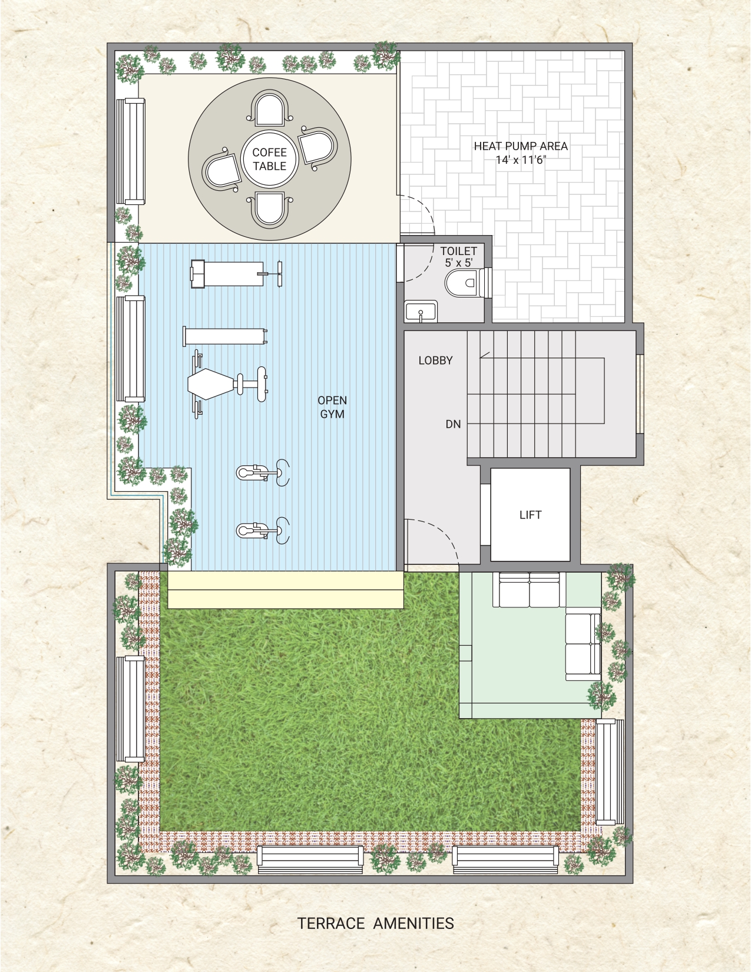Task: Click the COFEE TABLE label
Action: point(269,159)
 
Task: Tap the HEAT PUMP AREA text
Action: point(521,146)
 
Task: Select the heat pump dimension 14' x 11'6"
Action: point(521,160)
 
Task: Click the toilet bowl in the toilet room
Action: point(464,282)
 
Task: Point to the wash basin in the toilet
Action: point(421,310)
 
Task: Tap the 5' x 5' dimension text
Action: point(458,263)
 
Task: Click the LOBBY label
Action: point(435,361)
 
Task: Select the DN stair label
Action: point(453,424)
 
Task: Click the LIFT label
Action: point(531,515)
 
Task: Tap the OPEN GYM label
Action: point(332,407)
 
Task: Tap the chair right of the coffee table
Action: point(319,146)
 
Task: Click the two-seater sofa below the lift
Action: point(530,590)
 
